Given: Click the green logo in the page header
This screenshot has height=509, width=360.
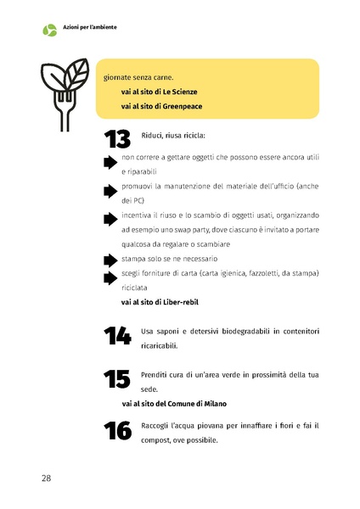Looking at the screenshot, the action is point(49,30).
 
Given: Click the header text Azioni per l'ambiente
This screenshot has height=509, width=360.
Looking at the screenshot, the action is point(89,27).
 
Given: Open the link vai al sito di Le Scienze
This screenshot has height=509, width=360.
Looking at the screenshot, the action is point(162,91).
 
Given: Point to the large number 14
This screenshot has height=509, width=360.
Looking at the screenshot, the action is point(117,336).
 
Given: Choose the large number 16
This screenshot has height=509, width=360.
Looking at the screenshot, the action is point(117,430).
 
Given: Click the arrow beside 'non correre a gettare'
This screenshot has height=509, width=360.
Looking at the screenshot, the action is point(110,163).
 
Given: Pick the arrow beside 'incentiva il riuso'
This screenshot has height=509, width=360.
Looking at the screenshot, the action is point(110,218).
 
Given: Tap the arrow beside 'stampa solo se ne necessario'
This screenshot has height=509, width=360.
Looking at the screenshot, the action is point(110,260).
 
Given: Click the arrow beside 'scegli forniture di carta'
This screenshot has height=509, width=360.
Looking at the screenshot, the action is point(110,277).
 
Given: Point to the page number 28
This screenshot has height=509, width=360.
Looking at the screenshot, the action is point(47,478).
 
